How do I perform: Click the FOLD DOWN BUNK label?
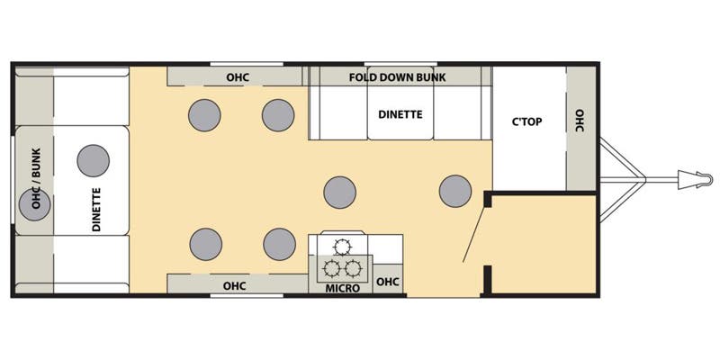(397, 77)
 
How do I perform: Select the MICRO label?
(343, 288)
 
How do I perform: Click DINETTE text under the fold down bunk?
(400, 114)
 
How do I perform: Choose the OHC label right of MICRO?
(387, 283)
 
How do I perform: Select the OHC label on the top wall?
(238, 77)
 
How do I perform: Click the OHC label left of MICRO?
(234, 286)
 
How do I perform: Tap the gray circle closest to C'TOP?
(454, 190)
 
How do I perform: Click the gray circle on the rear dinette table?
(93, 160)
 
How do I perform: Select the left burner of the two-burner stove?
(332, 268)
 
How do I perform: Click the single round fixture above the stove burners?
(343, 246)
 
